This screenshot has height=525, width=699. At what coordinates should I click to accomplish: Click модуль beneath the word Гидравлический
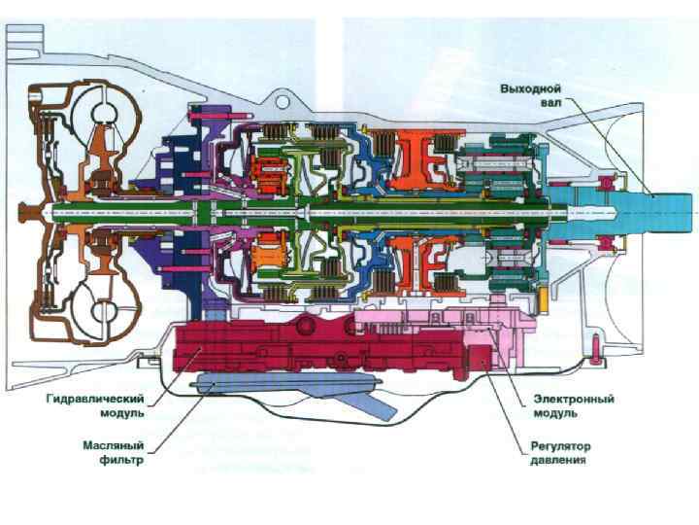point(122,412)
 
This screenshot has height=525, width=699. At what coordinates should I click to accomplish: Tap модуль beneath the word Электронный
point(556,412)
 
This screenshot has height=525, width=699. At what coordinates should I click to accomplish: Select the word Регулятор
point(560,446)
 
